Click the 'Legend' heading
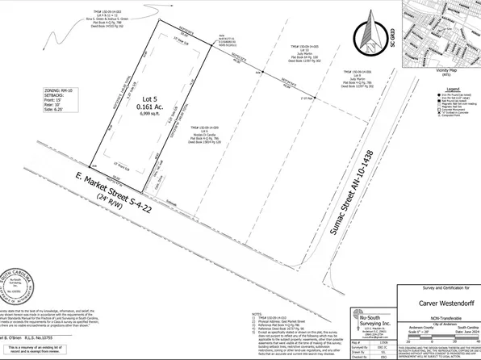454,87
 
